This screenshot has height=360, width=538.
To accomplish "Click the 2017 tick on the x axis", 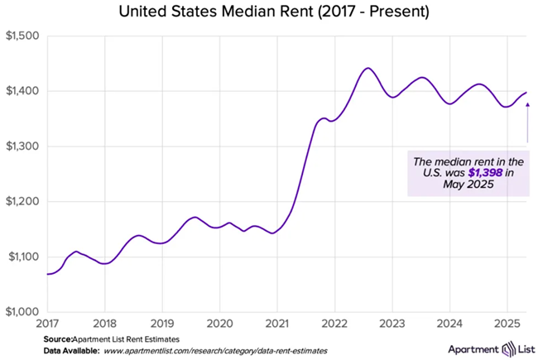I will [x=47, y=323].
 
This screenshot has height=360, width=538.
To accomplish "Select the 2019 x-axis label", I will [x=162, y=323].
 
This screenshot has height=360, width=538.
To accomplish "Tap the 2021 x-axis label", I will [x=276, y=323].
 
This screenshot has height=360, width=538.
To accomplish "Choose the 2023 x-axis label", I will [x=391, y=323].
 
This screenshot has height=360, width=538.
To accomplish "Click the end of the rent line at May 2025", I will [x=527, y=92].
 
